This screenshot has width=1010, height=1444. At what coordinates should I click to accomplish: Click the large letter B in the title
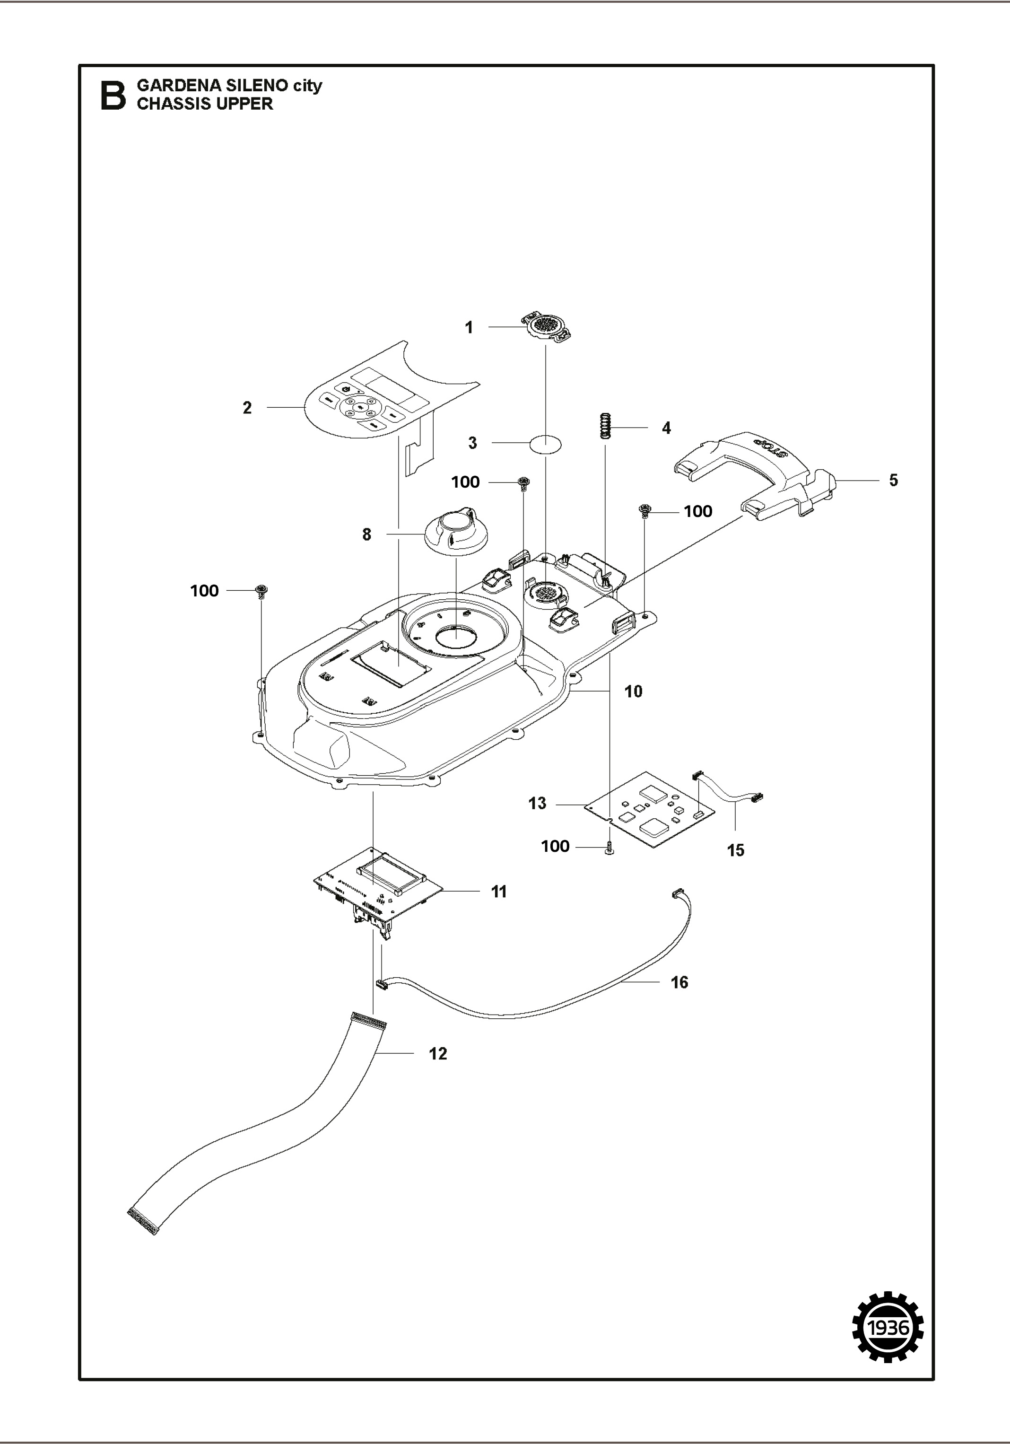pos(113,96)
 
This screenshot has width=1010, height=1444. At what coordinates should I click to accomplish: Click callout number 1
pos(469,328)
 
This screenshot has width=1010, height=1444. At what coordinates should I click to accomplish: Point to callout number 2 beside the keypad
pos(247,408)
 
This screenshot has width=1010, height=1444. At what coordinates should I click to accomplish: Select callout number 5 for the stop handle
pos(894,480)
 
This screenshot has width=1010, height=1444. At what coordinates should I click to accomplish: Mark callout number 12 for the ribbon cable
pos(438,1053)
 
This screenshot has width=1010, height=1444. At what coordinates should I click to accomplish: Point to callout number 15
pos(736,850)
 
